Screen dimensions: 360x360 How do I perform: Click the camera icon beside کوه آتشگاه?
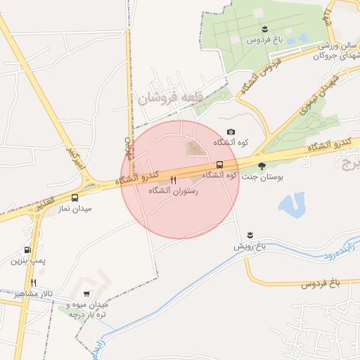pos(231,132)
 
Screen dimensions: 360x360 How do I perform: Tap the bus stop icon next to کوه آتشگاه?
pos(220,165)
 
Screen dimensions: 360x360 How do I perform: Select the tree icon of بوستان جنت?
pos(262,167)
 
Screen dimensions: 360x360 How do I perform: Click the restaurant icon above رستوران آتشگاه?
pos(173,180)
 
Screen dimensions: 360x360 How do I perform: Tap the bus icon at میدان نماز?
pos(75,198)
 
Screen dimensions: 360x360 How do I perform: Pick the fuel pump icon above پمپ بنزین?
pos(27,250)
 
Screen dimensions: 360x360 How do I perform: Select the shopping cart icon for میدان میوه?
pos(86,294)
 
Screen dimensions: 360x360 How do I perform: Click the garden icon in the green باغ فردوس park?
pos(264,28)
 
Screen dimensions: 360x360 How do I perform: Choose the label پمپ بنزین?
pos(27,261)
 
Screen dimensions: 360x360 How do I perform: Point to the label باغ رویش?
pos(252,247)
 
